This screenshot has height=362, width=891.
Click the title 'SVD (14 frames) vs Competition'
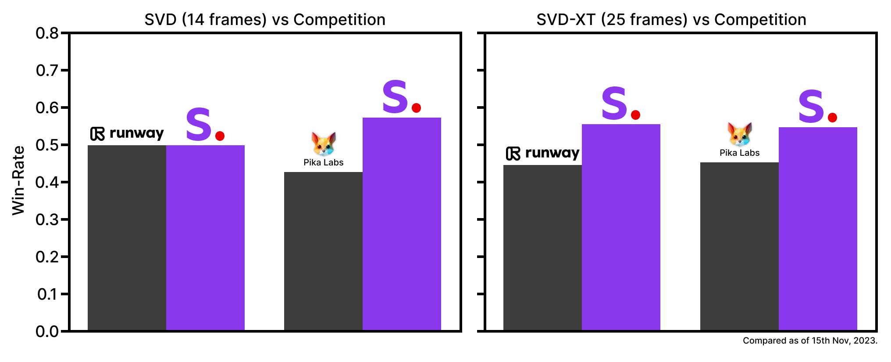coord(265,20)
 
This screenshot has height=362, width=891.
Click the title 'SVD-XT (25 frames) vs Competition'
coord(671,20)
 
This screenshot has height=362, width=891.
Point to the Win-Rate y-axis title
coord(18,181)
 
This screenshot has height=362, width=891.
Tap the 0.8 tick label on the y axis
coord(47,33)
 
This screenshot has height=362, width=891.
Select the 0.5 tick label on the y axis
coord(47,145)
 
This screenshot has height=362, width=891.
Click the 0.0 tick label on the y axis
coord(47,331)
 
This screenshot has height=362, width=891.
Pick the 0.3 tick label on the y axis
coord(47,219)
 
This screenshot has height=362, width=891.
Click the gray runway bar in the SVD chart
coord(127,237)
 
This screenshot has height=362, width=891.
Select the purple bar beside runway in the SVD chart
coord(205,237)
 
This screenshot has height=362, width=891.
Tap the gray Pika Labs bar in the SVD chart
coord(323,250)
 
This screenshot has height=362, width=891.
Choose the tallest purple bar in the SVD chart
coord(402,224)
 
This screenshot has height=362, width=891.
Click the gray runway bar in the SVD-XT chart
coord(542,248)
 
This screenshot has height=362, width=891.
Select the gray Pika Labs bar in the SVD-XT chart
coord(739,246)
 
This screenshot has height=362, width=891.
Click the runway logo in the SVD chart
coord(127,133)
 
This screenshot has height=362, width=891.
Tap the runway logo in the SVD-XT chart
coord(543,153)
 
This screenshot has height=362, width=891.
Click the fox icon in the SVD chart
coord(324,143)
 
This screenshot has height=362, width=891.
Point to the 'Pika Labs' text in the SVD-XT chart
coord(739,153)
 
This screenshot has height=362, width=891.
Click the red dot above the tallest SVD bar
coord(417,108)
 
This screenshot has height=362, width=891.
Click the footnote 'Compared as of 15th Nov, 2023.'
coord(810,340)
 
